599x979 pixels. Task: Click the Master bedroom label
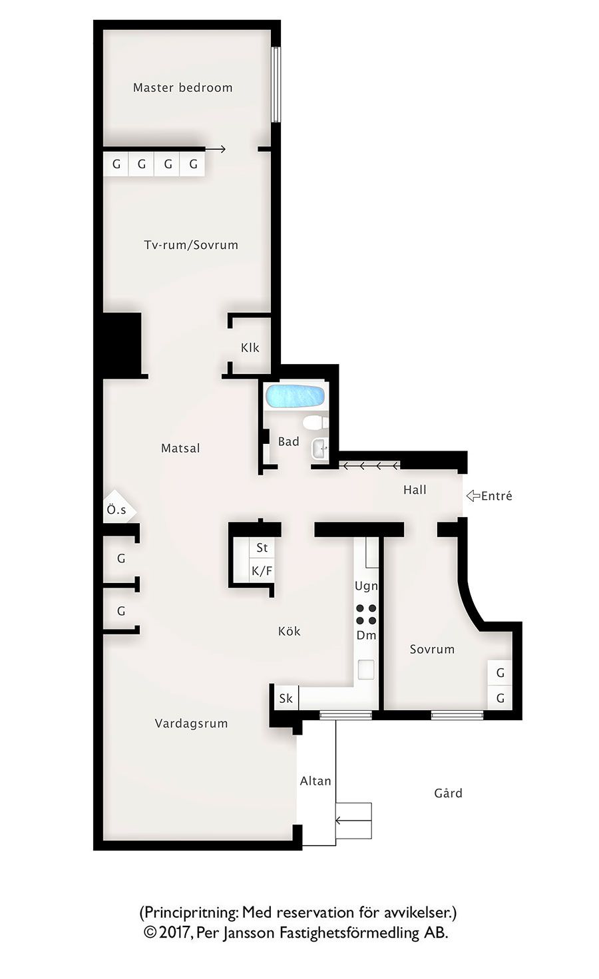183,88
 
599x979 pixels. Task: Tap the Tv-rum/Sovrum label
191,245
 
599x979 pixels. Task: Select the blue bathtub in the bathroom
295,395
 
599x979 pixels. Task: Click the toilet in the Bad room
315,423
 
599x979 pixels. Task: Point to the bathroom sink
320,449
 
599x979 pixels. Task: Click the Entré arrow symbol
473,496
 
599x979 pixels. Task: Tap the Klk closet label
250,348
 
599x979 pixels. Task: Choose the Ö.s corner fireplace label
116,510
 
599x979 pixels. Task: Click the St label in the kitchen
262,548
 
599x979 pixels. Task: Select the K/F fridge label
262,570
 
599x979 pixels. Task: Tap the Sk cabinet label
286,698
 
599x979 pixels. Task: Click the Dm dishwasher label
367,636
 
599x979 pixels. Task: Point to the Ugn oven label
367,586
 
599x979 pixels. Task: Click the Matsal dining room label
180,449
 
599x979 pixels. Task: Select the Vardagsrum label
191,723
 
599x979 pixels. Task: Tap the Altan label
315,781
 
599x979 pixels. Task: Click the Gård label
448,793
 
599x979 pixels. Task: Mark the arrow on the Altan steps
353,821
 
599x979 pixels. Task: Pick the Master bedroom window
276,85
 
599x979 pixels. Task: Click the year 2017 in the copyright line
175,933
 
